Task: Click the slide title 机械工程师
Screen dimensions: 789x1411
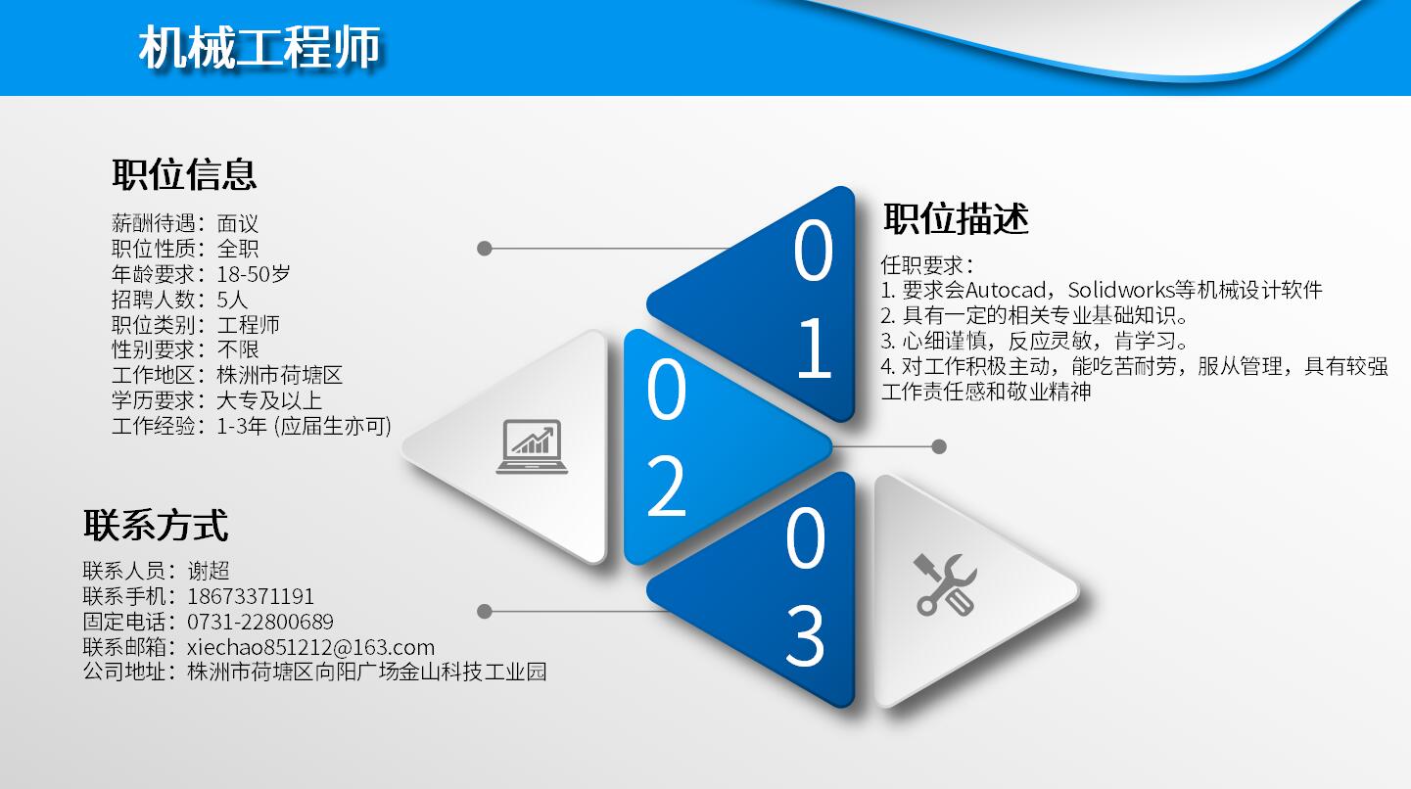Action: pos(259,48)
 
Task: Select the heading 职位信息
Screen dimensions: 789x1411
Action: pos(184,174)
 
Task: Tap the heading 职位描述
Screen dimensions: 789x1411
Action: pos(956,218)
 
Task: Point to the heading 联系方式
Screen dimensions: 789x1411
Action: pos(156,525)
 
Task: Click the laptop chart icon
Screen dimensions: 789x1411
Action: pos(532,446)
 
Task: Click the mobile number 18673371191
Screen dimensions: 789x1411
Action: pos(252,596)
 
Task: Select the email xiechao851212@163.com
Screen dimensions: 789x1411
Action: pos(310,647)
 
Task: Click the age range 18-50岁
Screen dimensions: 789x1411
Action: pos(254,274)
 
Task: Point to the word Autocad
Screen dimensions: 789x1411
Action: pos(1009,290)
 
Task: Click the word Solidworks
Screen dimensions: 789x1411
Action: pos(1120,290)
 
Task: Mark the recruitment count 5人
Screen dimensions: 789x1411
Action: pos(233,300)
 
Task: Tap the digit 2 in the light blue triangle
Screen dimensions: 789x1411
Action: pos(666,487)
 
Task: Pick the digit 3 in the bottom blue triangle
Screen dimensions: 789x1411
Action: pos(805,636)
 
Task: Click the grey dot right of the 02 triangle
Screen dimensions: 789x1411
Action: pos(939,446)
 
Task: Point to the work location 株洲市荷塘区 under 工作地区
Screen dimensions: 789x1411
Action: pos(280,375)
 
